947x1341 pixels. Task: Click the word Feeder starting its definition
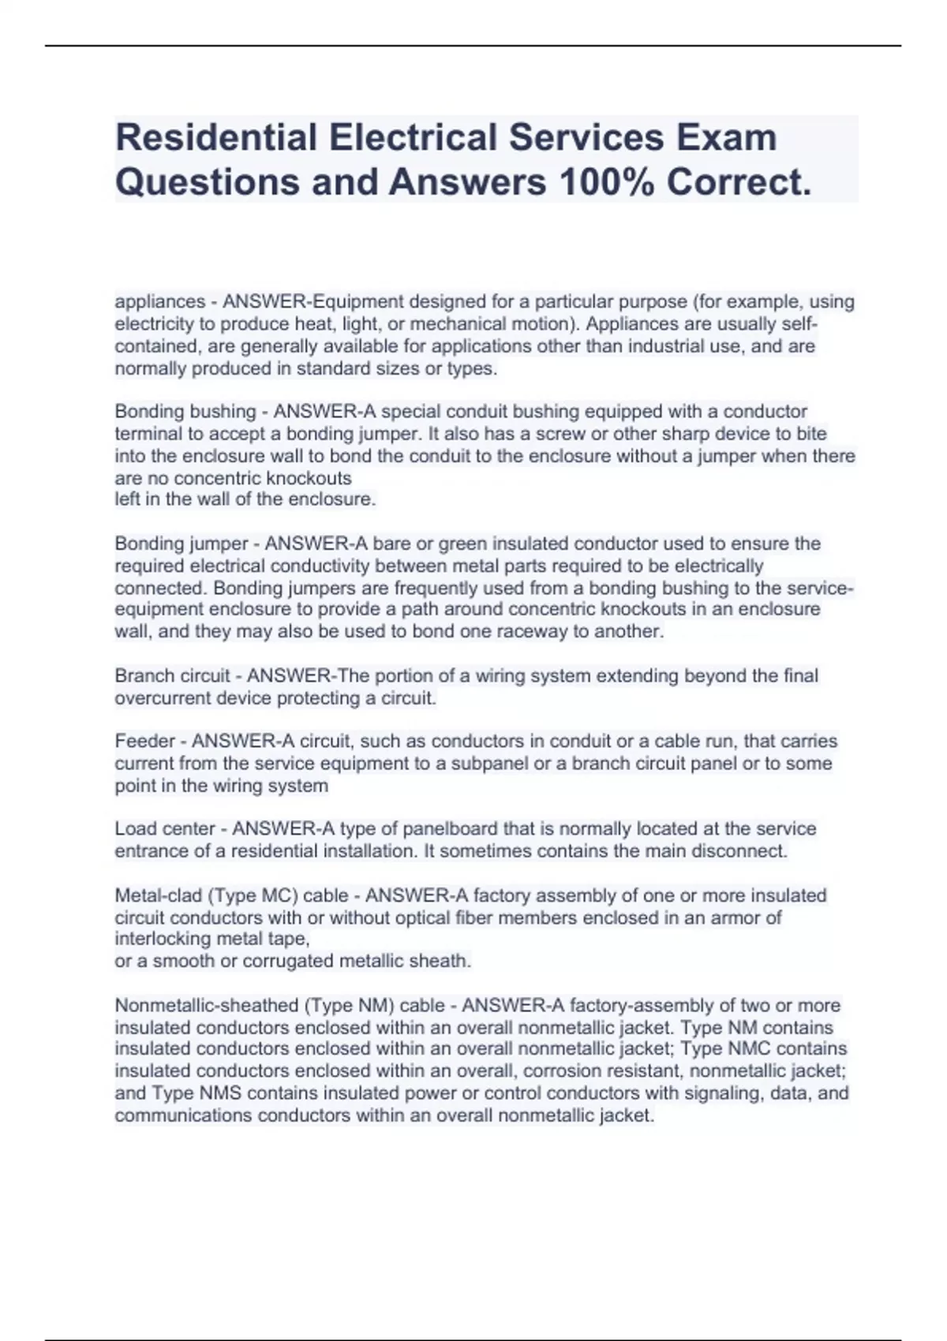pos(144,741)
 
